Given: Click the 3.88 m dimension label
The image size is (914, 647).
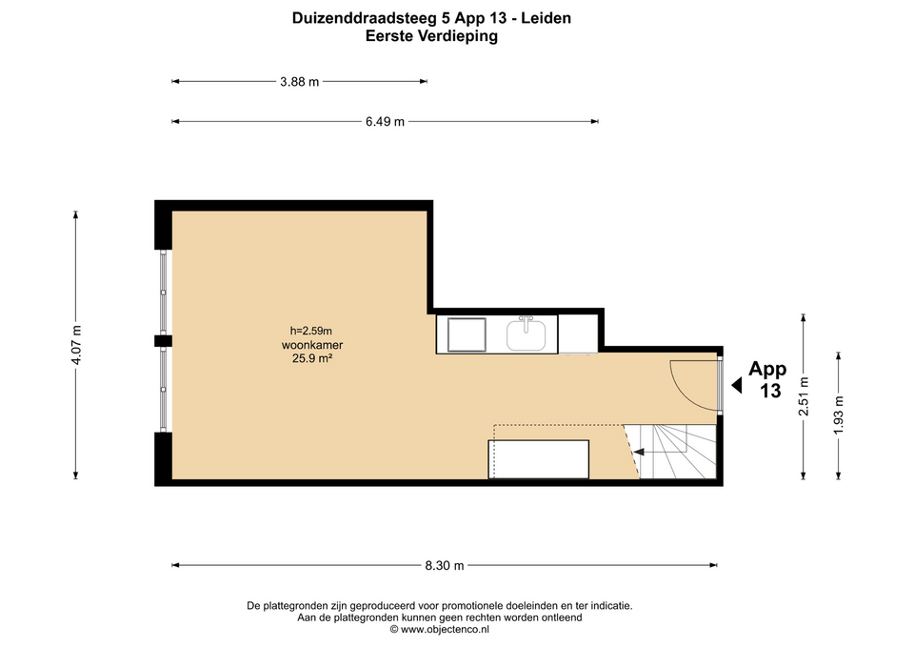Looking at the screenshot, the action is [299, 82].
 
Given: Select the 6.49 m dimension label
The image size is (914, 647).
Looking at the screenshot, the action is [385, 121].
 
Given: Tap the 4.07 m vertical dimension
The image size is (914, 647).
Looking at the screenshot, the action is [76, 345].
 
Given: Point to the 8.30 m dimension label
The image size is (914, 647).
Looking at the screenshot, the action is [445, 565].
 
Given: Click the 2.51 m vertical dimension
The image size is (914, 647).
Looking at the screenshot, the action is [804, 396].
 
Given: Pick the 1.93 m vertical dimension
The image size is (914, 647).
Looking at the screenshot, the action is [838, 414].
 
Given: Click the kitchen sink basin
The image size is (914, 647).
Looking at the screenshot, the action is [526, 334].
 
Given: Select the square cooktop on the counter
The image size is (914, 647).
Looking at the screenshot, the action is [467, 334].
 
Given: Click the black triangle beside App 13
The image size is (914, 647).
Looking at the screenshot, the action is [737, 385].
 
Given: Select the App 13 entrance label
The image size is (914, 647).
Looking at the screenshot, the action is [767, 380].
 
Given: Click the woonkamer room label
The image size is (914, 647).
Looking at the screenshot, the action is [312, 345].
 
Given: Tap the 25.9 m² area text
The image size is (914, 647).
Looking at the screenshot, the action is [312, 358].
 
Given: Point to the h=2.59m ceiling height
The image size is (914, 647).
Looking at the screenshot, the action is [310, 332].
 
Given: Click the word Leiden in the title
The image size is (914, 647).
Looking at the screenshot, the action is [546, 18].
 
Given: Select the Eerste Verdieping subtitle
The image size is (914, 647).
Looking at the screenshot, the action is [431, 36].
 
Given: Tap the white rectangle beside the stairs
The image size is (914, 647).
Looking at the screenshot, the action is [539, 459].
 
